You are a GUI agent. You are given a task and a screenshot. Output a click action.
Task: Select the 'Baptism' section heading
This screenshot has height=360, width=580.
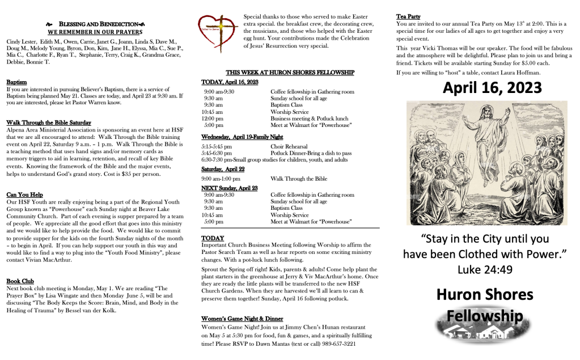click(16, 82)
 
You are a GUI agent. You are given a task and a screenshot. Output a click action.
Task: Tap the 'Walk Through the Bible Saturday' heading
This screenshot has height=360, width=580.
click(48, 122)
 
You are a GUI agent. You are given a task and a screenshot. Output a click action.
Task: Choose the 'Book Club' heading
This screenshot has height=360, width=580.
click(20, 281)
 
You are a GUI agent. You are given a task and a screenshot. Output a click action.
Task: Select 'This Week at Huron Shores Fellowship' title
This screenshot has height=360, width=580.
click(290, 73)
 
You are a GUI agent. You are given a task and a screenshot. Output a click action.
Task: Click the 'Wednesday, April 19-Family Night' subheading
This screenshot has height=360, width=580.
click(243, 137)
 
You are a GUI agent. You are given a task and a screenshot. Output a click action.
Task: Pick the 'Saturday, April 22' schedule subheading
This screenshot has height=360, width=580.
click(223, 169)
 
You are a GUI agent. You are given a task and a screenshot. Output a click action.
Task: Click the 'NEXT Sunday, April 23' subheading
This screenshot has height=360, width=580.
click(230, 188)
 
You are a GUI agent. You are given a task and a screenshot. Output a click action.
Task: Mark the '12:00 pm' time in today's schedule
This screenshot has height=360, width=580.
click(213, 118)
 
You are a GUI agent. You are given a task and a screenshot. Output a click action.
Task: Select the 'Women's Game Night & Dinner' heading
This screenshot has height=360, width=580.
click(242, 319)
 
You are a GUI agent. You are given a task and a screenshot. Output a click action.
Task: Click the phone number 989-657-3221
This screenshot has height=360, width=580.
click(337, 344)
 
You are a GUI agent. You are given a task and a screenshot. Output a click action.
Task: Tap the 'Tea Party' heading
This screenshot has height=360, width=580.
click(408, 17)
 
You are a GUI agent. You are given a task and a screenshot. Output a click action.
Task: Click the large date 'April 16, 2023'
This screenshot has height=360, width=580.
click(492, 88)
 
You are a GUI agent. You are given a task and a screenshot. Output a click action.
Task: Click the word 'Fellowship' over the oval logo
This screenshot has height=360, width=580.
click(484, 315)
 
